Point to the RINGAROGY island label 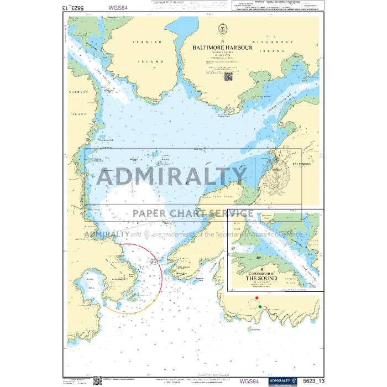point(283,41)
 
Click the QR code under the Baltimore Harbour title point(227,77)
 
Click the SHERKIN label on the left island point(78,93)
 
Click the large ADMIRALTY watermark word point(172,176)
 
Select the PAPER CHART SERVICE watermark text point(192,213)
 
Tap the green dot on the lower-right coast point(260,306)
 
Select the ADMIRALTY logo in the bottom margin point(283,380)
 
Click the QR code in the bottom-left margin point(97,380)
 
